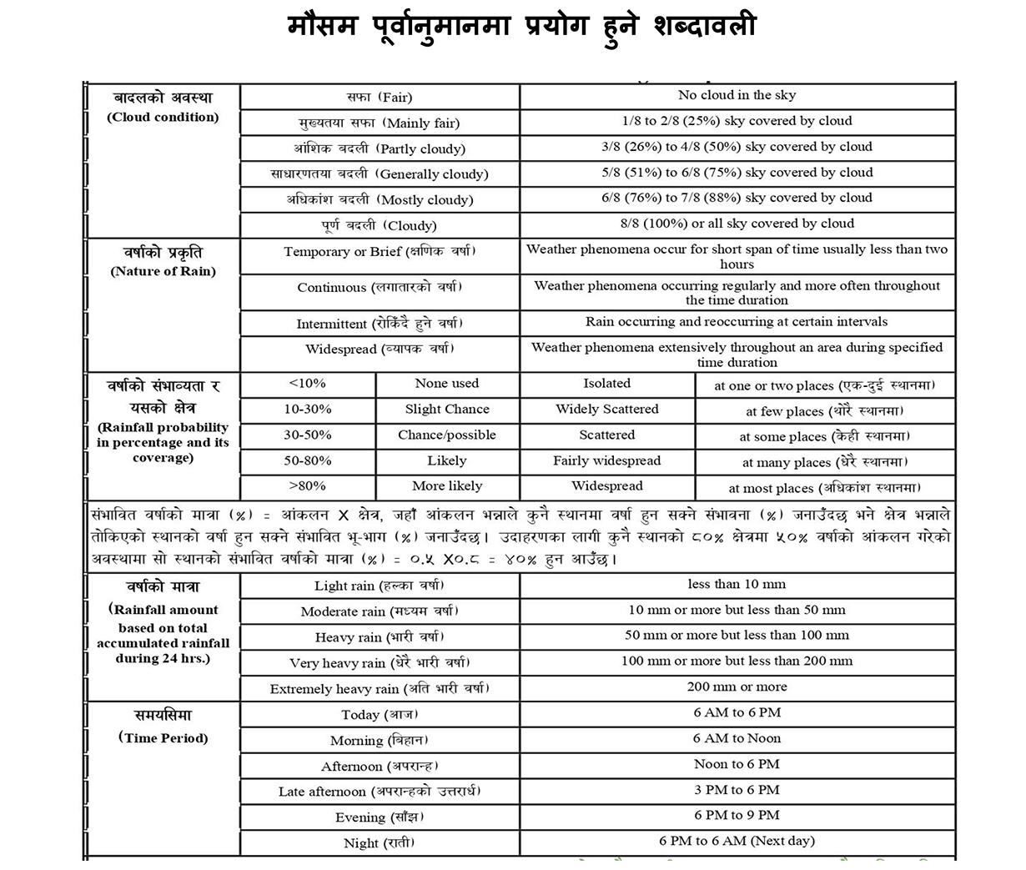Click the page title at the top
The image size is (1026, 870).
click(521, 27)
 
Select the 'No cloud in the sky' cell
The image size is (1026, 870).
click(737, 95)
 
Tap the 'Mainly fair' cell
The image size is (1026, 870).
click(379, 123)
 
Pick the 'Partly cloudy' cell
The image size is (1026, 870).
click(379, 148)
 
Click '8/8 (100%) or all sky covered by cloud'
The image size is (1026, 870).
click(737, 224)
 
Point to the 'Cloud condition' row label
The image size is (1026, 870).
click(163, 108)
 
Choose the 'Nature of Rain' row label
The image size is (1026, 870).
click(163, 260)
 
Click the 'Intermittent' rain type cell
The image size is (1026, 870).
click(379, 324)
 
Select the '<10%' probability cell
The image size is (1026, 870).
click(307, 384)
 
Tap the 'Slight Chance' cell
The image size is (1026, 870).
click(447, 410)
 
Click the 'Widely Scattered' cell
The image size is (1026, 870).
click(606, 410)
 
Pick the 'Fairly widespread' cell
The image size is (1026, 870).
click(606, 460)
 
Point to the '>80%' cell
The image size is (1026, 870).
click(307, 485)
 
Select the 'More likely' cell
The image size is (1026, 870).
click(447, 485)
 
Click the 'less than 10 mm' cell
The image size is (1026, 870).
click(737, 585)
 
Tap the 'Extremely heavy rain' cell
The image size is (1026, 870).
click(379, 688)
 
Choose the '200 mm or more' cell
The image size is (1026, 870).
click(737, 687)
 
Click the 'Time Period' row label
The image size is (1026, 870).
click(163, 726)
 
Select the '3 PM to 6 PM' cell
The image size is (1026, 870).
click(737, 790)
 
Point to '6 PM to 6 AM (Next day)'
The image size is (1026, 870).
click(737, 841)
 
